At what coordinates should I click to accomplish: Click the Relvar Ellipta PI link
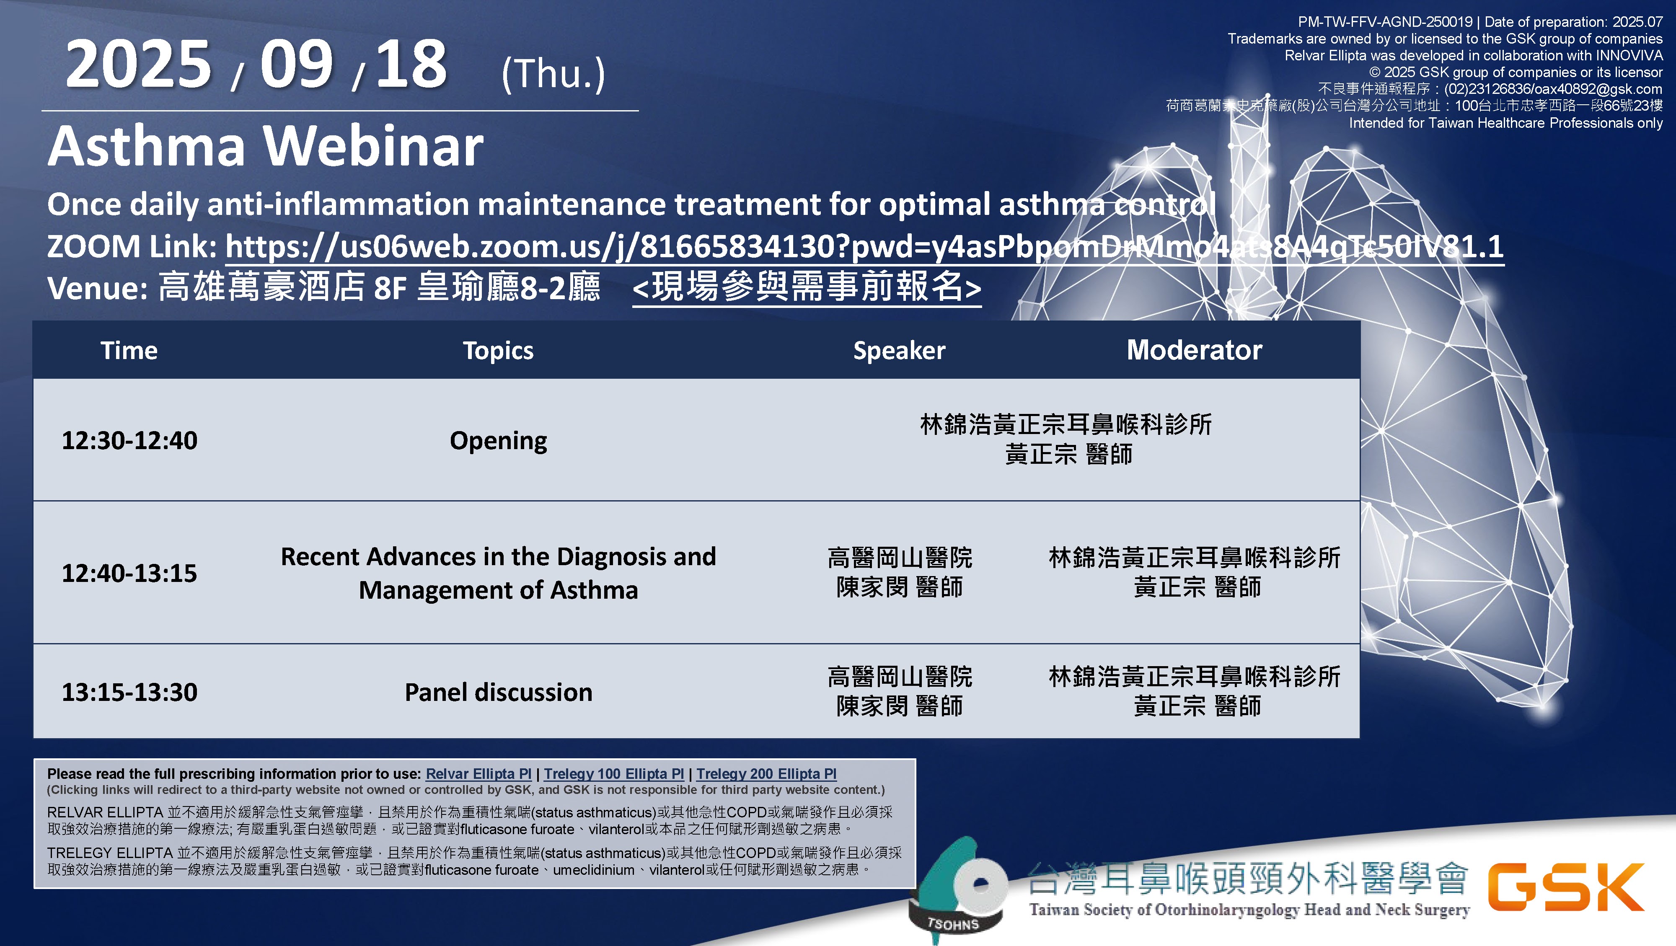pos(478,773)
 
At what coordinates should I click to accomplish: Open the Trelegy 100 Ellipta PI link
pos(613,773)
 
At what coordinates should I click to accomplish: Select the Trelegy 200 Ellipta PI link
pos(766,773)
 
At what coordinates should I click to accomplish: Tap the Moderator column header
pos(1195,350)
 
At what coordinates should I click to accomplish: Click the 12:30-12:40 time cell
pos(129,440)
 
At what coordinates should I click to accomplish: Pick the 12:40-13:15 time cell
pos(129,573)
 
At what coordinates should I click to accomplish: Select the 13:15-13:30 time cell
pos(129,692)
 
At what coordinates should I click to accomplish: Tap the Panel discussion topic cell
pos(498,692)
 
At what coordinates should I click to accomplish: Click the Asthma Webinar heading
pos(266,146)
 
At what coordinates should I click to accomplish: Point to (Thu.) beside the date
pos(553,73)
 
